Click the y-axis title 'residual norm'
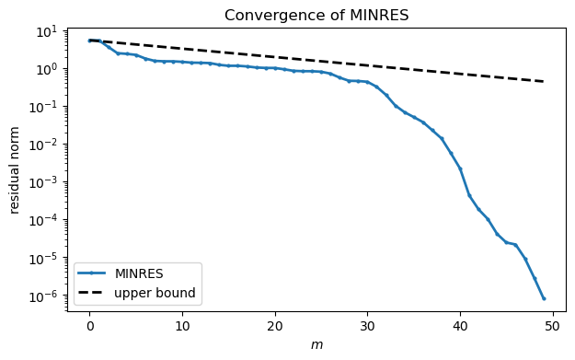click(x=16, y=168)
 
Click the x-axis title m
click(x=316, y=345)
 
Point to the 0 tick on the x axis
click(x=89, y=325)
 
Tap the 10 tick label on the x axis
click(x=182, y=325)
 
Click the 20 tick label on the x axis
click(x=275, y=325)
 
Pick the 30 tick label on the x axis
click(x=367, y=325)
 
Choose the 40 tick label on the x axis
click(x=460, y=325)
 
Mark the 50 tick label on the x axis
click(x=553, y=325)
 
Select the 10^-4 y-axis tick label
click(x=44, y=220)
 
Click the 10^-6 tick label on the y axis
click(x=44, y=296)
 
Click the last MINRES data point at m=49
click(x=544, y=298)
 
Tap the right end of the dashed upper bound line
click(x=544, y=82)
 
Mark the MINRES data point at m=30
click(x=367, y=82)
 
